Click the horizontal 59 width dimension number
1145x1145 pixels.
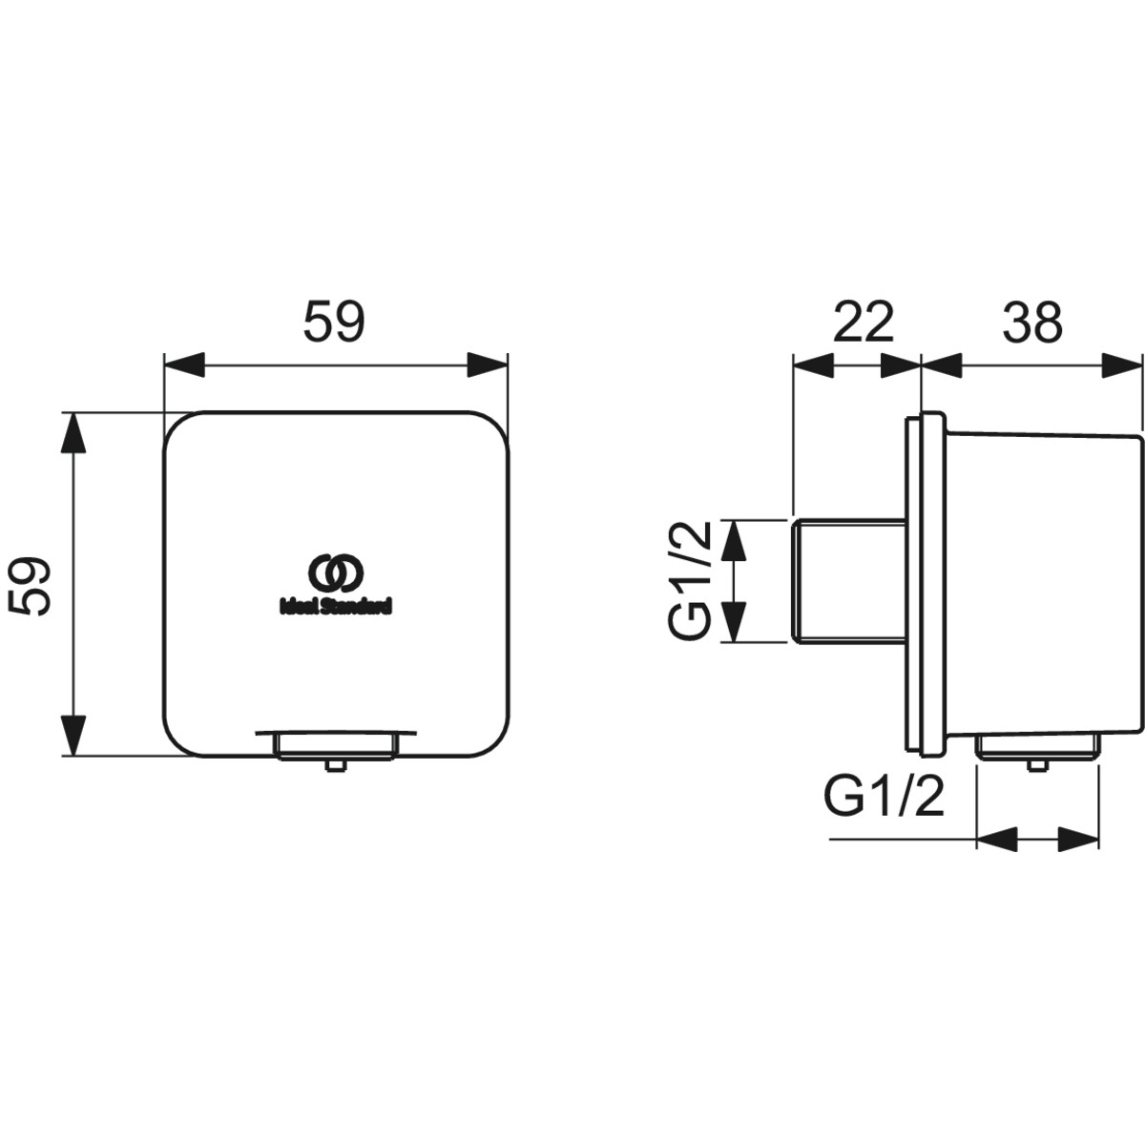[x=334, y=322]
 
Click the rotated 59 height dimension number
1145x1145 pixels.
[x=30, y=586]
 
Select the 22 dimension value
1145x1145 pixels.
[x=864, y=322]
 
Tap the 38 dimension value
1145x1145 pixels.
[x=1032, y=322]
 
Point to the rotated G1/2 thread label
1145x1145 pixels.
[x=690, y=580]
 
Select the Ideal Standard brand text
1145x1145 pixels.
[x=336, y=607]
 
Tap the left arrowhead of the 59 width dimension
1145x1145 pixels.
[x=184, y=364]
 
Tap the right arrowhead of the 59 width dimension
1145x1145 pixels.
[x=488, y=364]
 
